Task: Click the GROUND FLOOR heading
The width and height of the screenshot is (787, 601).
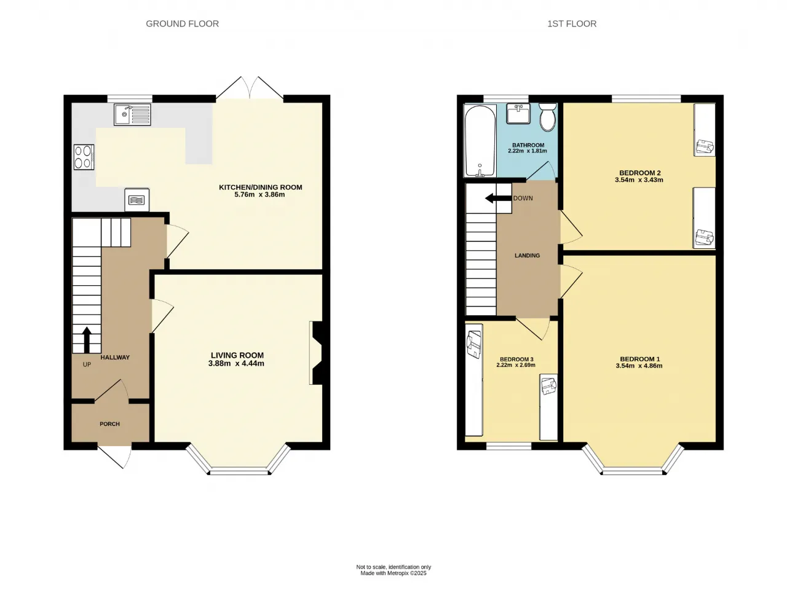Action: pyautogui.click(x=182, y=24)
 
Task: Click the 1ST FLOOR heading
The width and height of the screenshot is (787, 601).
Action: pyautogui.click(x=572, y=24)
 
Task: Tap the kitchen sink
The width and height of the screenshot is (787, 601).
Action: pyautogui.click(x=132, y=115)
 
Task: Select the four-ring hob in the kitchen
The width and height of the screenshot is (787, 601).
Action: pyautogui.click(x=84, y=157)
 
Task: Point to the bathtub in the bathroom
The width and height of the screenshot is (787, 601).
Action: pyautogui.click(x=480, y=141)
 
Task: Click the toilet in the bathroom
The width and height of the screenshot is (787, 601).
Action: pyautogui.click(x=547, y=117)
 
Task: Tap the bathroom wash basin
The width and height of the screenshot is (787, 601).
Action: pyautogui.click(x=518, y=114)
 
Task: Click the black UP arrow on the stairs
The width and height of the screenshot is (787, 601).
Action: pyautogui.click(x=87, y=340)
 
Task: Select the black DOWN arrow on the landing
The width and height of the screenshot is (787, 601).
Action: pyautogui.click(x=498, y=198)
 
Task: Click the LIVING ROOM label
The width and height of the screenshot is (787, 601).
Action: pyautogui.click(x=237, y=355)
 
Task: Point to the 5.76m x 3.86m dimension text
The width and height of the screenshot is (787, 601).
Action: pyautogui.click(x=260, y=195)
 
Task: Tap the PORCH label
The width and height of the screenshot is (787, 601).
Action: pyautogui.click(x=109, y=424)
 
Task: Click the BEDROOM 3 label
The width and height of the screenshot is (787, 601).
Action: pyautogui.click(x=516, y=359)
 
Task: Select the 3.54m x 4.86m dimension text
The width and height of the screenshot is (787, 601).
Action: pyautogui.click(x=639, y=366)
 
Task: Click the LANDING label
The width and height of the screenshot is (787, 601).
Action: pyautogui.click(x=527, y=256)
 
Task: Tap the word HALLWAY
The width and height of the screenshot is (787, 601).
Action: pyautogui.click(x=115, y=357)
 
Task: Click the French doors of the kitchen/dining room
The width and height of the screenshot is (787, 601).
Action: pyautogui.click(x=250, y=88)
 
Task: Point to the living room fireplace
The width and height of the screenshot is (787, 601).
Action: pyautogui.click(x=316, y=353)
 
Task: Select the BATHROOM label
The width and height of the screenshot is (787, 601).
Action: pyautogui.click(x=528, y=145)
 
